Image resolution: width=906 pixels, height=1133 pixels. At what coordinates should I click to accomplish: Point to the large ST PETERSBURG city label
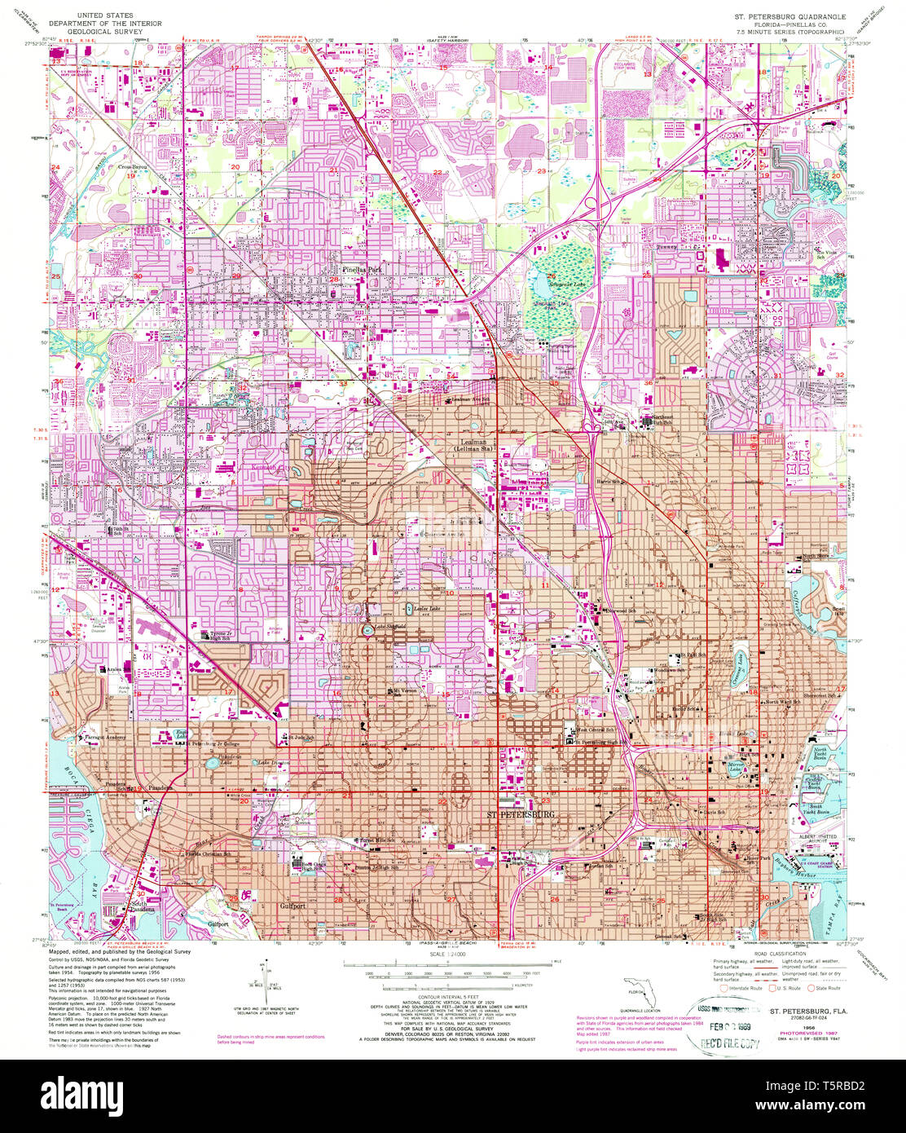coord(521,814)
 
